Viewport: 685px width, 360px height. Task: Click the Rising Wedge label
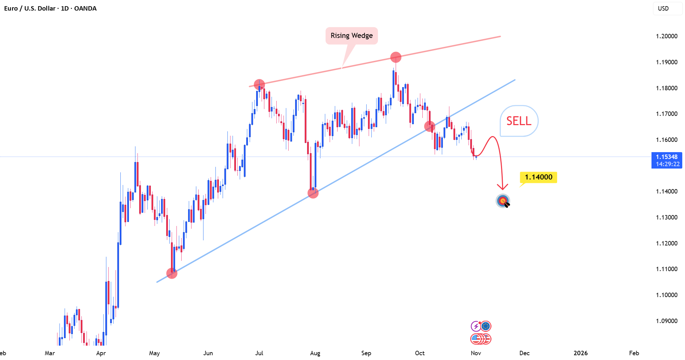click(x=352, y=36)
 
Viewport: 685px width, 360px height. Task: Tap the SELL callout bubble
click(x=519, y=121)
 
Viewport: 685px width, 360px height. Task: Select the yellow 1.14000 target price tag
click(x=539, y=177)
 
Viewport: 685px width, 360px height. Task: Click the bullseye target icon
click(x=503, y=201)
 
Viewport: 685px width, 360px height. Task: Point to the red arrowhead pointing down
click(x=502, y=187)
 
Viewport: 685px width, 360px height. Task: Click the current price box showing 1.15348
click(x=667, y=160)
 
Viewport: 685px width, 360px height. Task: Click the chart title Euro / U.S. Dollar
click(x=30, y=8)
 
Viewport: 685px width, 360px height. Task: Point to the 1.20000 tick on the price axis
click(x=667, y=36)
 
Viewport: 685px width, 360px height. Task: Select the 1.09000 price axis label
click(x=667, y=321)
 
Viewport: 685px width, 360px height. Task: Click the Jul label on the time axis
click(x=259, y=353)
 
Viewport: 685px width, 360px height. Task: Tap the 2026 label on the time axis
click(x=581, y=353)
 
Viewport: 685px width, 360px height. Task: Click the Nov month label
click(x=476, y=353)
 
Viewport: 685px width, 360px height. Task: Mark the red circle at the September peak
click(x=396, y=57)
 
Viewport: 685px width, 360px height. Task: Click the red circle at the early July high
click(x=259, y=84)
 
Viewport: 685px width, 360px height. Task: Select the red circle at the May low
click(x=172, y=273)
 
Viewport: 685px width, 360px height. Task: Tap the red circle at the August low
click(x=313, y=193)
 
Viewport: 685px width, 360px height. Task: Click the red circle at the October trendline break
click(x=430, y=126)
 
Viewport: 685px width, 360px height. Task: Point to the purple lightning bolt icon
click(x=476, y=326)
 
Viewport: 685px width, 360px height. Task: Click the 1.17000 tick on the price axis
click(x=667, y=114)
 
